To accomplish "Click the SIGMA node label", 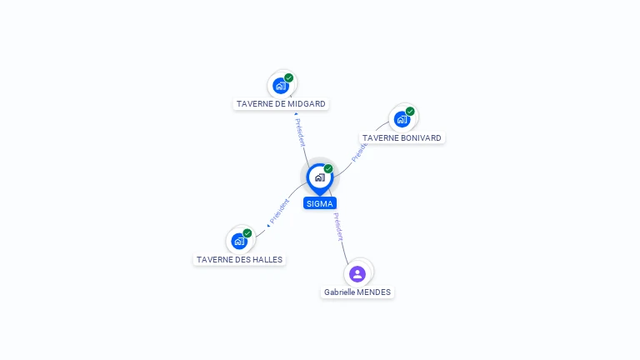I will [320, 203].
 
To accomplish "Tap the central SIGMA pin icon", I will [319, 177].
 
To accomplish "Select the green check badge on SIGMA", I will [328, 169].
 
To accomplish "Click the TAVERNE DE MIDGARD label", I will [281, 104].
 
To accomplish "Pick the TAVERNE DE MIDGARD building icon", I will [281, 85].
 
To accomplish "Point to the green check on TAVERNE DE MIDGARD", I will [288, 78].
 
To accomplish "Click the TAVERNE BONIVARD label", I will [402, 137].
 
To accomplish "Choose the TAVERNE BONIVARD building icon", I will [402, 119].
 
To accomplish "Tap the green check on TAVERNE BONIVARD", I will [410, 112].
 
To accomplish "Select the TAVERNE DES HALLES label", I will [240, 259].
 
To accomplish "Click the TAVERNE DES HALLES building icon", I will [239, 242].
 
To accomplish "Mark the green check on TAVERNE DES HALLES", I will [247, 233].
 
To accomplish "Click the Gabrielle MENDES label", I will [357, 292].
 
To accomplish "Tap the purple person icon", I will [357, 273].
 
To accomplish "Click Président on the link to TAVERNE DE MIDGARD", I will [300, 132].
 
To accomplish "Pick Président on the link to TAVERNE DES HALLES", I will [279, 212].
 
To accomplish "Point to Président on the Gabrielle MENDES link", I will [337, 227].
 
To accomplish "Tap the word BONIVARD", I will [420, 137].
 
